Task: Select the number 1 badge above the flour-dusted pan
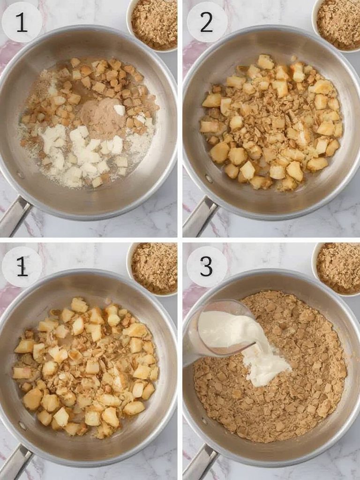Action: tap(22, 22)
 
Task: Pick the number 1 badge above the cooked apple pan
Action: tap(22, 267)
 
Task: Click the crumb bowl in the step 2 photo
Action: tap(338, 23)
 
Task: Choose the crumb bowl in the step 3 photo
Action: tap(338, 268)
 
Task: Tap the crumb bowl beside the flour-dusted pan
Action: tap(154, 23)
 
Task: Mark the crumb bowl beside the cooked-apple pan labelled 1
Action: tap(154, 268)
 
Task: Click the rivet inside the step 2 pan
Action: tap(209, 179)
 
